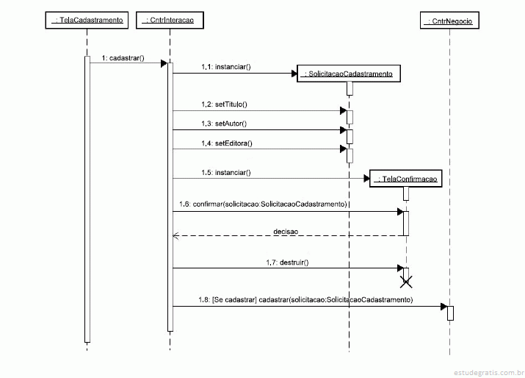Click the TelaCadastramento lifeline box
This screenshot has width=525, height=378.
click(87, 20)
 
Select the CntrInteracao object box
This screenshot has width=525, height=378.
click(170, 20)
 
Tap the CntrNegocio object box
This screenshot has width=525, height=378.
click(449, 21)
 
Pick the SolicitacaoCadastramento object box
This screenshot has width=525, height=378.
click(349, 74)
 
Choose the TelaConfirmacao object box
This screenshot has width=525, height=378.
click(406, 179)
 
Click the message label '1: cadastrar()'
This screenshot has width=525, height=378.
click(123, 58)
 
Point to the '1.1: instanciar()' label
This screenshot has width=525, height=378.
click(226, 67)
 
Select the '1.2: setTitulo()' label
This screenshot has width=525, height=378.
click(225, 104)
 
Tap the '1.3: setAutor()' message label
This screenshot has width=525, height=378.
click(224, 124)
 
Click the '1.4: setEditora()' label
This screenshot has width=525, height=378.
click(227, 143)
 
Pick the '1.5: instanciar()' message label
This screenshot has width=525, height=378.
click(226, 172)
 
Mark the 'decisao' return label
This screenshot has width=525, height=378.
click(286, 232)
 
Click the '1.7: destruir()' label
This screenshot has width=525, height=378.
click(287, 263)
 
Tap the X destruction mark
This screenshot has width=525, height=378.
click(406, 282)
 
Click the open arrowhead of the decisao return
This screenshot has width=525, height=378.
click(175, 236)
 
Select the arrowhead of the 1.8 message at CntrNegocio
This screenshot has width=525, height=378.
click(444, 306)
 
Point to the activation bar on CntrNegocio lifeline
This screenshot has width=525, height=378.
click(450, 313)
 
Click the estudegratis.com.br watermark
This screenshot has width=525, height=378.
click(489, 373)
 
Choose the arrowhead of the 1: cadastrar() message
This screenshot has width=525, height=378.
click(164, 63)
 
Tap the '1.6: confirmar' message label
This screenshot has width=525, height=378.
click(263, 204)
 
